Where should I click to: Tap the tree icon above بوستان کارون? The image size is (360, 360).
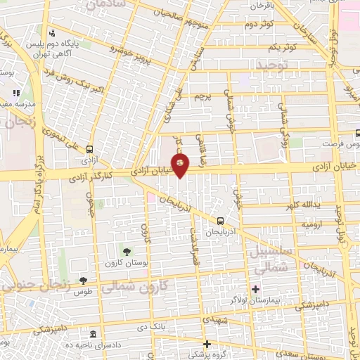pos(127,252)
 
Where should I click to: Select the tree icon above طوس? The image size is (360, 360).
pos(83,281)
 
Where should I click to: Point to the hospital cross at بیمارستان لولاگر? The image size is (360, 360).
pos(255,289)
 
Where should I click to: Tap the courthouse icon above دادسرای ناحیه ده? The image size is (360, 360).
pos(94,334)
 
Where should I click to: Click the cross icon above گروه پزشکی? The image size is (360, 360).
pos(207,345)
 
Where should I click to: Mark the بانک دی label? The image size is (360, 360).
pos(152,326)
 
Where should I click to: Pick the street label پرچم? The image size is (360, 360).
pos(202,96)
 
